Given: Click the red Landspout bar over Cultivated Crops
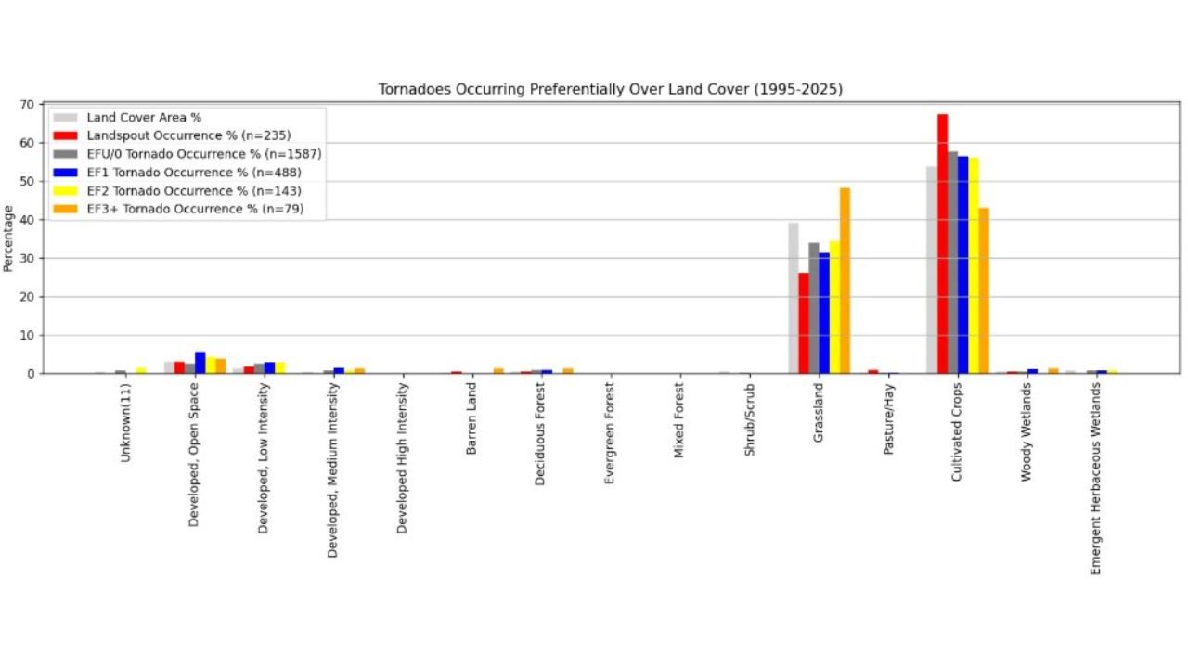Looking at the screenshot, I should pyautogui.click(x=942, y=244).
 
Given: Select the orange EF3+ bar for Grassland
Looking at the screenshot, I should pyautogui.click(x=845, y=281).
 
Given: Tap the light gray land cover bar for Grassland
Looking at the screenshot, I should pyautogui.click(x=794, y=298).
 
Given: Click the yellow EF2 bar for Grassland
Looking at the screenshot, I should pyautogui.click(x=834, y=307).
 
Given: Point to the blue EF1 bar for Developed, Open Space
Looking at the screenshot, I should pyautogui.click(x=200, y=363).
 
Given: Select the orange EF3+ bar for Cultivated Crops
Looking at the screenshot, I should pyautogui.click(x=984, y=290).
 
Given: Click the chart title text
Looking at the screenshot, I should pyautogui.click(x=610, y=89).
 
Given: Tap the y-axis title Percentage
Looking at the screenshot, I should pyautogui.click(x=8, y=238).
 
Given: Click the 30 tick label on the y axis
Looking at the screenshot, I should pyautogui.click(x=31, y=258).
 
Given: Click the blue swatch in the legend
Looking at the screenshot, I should pyautogui.click(x=65, y=173).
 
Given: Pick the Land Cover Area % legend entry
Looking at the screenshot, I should pyautogui.click(x=144, y=118).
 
